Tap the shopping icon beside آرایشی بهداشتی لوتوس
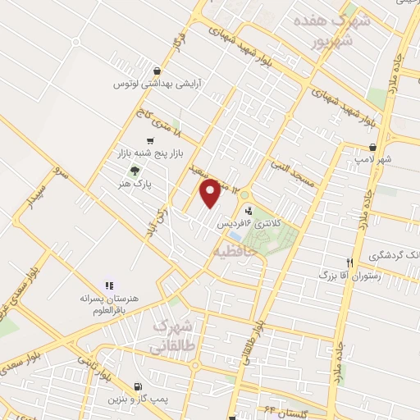pyautogui.click(x=157, y=71)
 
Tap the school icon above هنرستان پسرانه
pyautogui.click(x=108, y=285)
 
